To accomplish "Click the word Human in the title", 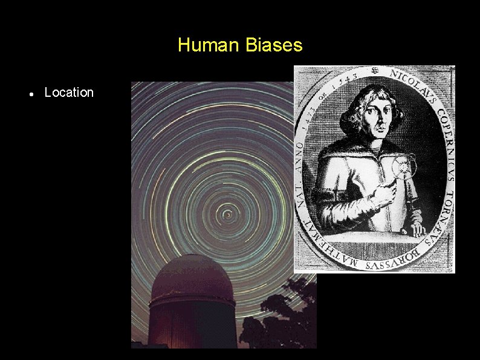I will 206,45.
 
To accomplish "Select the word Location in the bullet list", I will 69,93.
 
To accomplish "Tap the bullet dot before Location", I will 30,94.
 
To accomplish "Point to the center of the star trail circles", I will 227,213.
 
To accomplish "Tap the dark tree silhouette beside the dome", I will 272,327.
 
